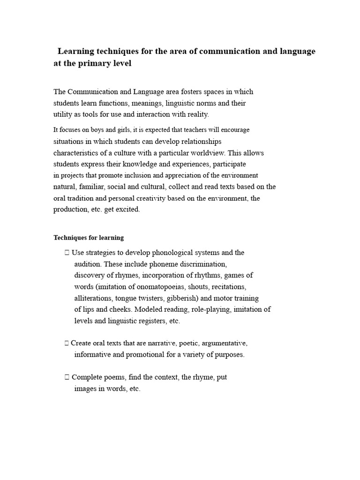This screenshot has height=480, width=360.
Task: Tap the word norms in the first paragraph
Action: coord(196,103)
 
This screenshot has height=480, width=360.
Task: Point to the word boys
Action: coord(90,130)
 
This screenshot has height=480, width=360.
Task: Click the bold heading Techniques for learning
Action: coord(89,238)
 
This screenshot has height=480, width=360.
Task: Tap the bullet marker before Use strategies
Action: coord(67,253)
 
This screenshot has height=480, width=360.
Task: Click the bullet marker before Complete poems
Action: coord(67,377)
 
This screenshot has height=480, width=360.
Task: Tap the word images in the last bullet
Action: coord(85,389)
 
